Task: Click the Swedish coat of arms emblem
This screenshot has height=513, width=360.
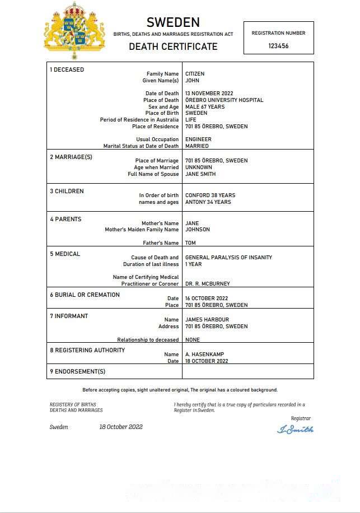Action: pyautogui.click(x=74, y=31)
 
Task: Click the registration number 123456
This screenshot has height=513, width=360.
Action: pyautogui.click(x=278, y=46)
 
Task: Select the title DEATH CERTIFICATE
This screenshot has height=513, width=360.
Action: pyautogui.click(x=173, y=46)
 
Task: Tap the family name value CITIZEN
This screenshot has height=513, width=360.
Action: pyautogui.click(x=195, y=74)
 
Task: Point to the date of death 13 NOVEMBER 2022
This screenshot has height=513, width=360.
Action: pyautogui.click(x=209, y=94)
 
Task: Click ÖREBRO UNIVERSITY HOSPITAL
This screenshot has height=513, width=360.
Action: pyautogui.click(x=224, y=100)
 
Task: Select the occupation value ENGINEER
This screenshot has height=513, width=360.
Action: pyautogui.click(x=198, y=139)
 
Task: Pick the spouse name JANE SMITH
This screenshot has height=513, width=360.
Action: pyautogui.click(x=200, y=174)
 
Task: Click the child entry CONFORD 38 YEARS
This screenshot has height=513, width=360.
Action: pyautogui.click(x=210, y=195)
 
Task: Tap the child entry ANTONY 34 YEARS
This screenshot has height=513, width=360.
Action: pyautogui.click(x=208, y=202)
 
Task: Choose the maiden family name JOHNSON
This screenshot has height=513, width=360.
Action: pyautogui.click(x=198, y=230)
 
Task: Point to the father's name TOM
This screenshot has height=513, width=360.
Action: pyautogui.click(x=190, y=243)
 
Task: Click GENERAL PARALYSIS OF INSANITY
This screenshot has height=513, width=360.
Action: pyautogui.click(x=228, y=258)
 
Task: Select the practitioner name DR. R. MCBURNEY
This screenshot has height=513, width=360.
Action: pyautogui.click(x=207, y=284)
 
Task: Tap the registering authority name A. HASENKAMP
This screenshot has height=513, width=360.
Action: pyautogui.click(x=202, y=355)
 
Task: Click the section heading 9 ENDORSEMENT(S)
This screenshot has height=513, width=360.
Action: pyautogui.click(x=77, y=371)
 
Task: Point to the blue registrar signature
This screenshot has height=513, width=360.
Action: pyautogui.click(x=295, y=430)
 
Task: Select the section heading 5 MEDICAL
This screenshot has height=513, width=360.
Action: pyautogui.click(x=65, y=254)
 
